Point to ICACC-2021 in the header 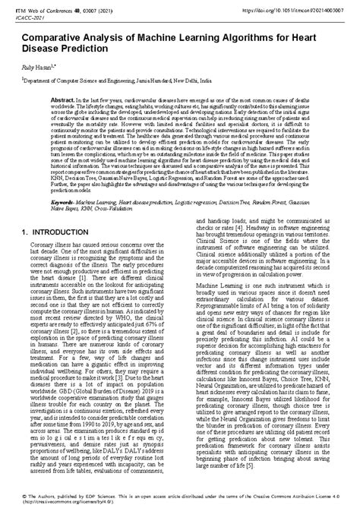[33, 14]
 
